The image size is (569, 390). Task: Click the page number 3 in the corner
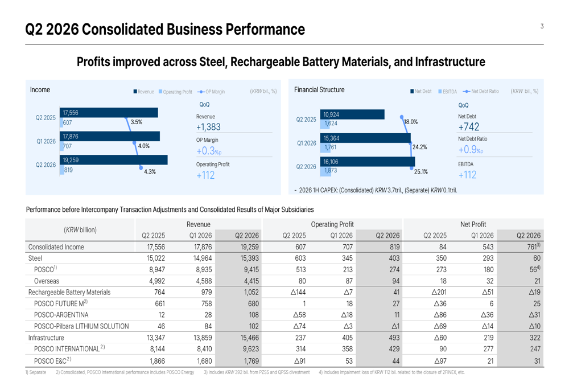[x=542, y=26]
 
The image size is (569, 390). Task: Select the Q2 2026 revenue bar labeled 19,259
[x=114, y=160]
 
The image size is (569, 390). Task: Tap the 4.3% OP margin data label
[x=150, y=171]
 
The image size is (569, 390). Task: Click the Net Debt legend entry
[x=421, y=91]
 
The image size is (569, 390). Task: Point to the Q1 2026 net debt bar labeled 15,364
[x=365, y=138]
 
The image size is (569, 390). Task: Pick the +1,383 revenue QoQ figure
[x=208, y=127]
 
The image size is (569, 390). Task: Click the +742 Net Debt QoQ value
[x=469, y=127]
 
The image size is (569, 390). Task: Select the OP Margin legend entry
[x=211, y=92]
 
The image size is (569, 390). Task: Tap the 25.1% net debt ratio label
[x=421, y=171]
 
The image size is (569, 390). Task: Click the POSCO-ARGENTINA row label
[x=61, y=315]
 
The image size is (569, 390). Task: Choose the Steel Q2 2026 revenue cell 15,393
[x=249, y=258]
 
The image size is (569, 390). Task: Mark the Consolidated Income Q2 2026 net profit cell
[x=534, y=247]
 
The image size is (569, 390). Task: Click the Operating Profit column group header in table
[x=332, y=224]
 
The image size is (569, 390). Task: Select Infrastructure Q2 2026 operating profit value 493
[x=394, y=338]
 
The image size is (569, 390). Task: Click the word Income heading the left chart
[x=40, y=90]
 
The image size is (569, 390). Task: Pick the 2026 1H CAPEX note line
[x=376, y=190]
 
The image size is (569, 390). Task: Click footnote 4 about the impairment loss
[x=392, y=372]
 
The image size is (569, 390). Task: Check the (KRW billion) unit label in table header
[x=80, y=230]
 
